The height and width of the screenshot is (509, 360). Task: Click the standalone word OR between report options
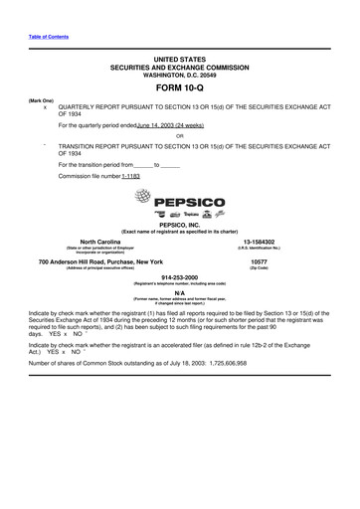coord(179,135)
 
